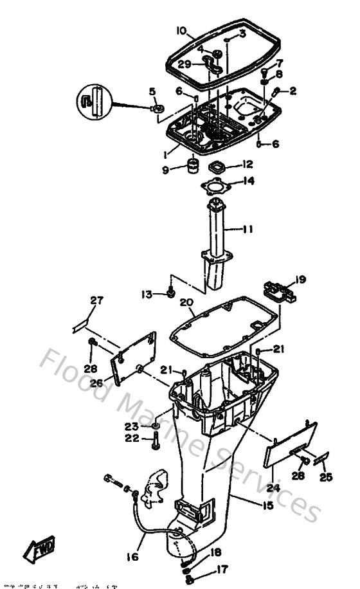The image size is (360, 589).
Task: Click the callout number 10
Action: click(181, 30)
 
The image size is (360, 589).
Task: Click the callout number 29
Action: click(184, 64)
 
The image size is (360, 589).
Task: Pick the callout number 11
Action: click(249, 228)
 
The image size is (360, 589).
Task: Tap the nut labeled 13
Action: click(170, 293)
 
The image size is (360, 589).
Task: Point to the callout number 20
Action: click(186, 303)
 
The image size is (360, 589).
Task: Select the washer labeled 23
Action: click(156, 426)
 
